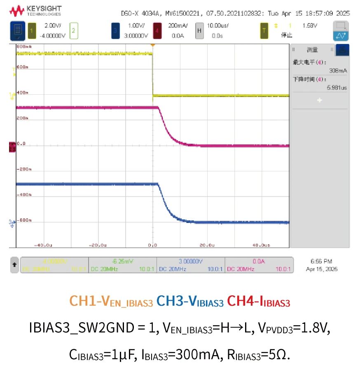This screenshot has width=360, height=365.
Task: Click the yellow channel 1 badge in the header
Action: click(x=33, y=30)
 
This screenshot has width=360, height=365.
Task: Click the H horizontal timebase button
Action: click(x=199, y=30)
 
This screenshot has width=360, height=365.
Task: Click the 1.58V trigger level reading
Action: click(x=310, y=26)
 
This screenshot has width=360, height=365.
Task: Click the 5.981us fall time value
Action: click(x=337, y=87)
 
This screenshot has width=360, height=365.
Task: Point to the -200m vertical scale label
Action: click(x=24, y=169)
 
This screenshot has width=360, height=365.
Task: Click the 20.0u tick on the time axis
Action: click(x=207, y=245)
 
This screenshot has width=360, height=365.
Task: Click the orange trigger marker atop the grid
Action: click(x=153, y=44)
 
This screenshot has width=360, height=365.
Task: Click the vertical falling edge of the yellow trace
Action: click(x=153, y=74)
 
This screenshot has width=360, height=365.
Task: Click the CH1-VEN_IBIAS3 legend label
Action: click(x=111, y=302)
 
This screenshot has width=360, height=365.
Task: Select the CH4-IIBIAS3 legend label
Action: click(x=258, y=302)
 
